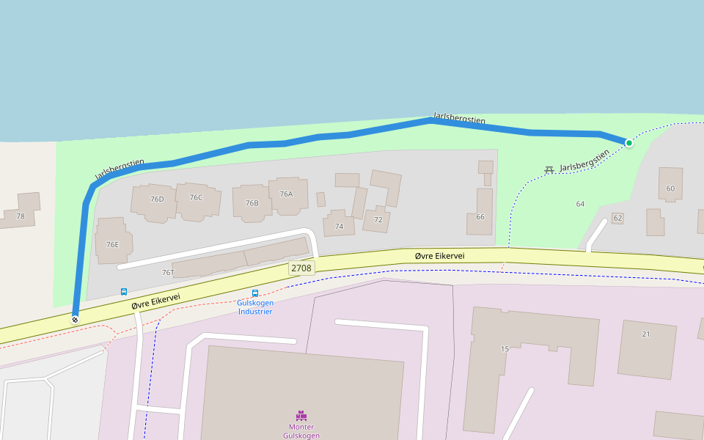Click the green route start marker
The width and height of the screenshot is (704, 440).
point(629,142)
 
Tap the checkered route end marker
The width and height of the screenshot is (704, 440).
point(75,320)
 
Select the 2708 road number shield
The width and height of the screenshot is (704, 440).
point(301,268)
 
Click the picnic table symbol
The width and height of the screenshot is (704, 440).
point(549,170)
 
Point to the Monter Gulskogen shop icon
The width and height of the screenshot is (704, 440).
point(301,416)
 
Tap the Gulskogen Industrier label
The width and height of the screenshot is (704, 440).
point(255,307)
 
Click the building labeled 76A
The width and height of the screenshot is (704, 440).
point(286,194)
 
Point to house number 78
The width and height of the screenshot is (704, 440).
point(21,216)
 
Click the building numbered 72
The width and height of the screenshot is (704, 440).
point(378,219)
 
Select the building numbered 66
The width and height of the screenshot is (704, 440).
point(480,216)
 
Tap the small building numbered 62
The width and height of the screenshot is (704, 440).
point(617,219)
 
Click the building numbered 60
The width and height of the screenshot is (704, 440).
point(670,188)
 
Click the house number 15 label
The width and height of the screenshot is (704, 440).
point(505,348)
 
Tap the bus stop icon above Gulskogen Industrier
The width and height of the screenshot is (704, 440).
point(255,293)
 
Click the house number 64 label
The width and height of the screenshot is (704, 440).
point(580,204)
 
